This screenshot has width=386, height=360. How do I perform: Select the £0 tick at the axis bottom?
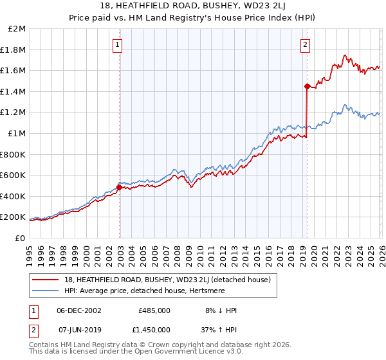click(x=21, y=238)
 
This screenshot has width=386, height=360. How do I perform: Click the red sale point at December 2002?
click(x=119, y=188)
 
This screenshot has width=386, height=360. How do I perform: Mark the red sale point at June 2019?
click(x=307, y=86)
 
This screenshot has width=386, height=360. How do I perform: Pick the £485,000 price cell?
click(x=154, y=310)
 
